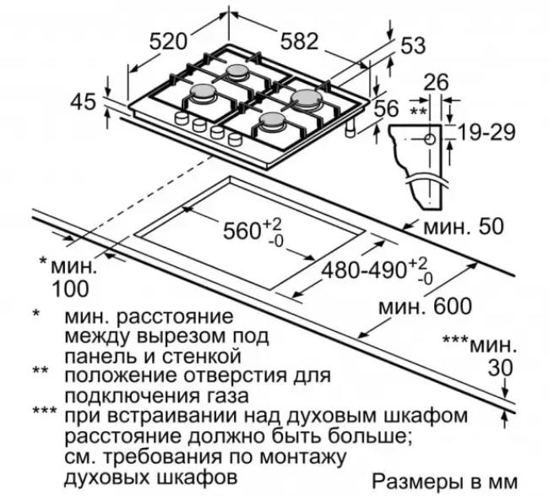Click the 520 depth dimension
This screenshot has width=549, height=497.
(168, 41)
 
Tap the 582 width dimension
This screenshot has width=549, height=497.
(299, 41)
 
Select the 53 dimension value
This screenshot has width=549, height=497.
(413, 45)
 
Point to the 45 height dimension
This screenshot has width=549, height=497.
(83, 102)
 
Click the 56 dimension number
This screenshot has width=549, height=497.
(387, 108)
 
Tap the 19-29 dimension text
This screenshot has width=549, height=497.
(486, 132)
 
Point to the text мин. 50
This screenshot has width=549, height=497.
(464, 226)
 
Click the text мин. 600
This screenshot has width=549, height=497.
(426, 306)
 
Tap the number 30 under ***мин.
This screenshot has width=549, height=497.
(500, 368)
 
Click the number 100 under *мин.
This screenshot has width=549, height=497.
(70, 289)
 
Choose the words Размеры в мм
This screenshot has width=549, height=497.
(444, 482)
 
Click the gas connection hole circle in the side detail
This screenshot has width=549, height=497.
(430, 139)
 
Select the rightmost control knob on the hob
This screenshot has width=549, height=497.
(235, 139)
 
